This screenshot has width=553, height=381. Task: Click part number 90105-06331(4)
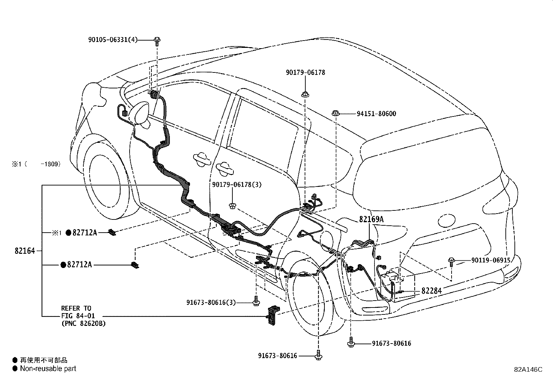click(113, 40)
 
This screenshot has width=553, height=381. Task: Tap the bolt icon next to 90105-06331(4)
click(157, 41)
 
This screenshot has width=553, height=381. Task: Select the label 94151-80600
click(376, 114)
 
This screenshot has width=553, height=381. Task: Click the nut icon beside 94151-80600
click(335, 113)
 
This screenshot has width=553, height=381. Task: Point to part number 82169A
click(371, 219)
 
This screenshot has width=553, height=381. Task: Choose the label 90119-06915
click(491, 260)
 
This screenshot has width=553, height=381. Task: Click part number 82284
click(431, 291)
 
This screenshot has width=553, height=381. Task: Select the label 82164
click(25, 251)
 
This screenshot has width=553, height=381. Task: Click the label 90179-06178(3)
click(237, 184)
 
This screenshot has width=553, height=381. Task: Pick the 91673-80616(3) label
click(211, 302)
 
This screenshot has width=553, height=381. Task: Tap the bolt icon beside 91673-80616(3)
click(256, 301)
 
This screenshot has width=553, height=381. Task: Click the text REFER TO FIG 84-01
click(78, 312)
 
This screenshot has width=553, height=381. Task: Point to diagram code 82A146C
click(528, 370)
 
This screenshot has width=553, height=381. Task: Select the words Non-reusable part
click(48, 369)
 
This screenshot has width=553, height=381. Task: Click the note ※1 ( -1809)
click(36, 164)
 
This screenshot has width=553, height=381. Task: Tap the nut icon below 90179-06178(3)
click(232, 206)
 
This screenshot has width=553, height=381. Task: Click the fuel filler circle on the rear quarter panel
click(447, 220)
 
